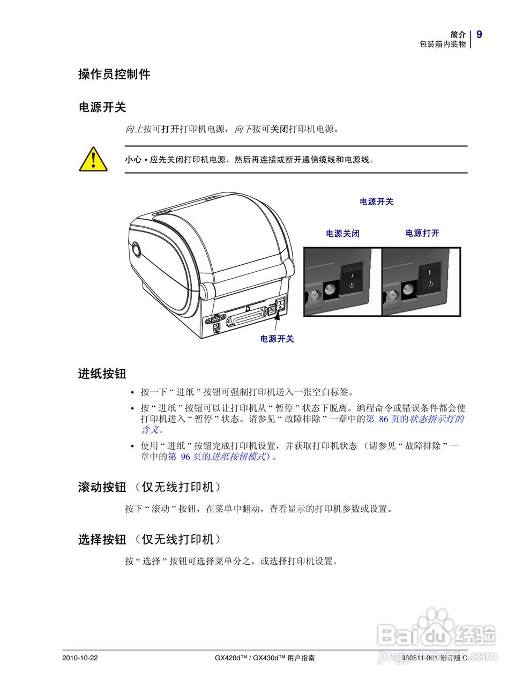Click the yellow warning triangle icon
(x=93, y=159)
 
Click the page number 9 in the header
(x=479, y=35)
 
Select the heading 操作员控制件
(x=114, y=74)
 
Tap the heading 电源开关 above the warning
(x=102, y=107)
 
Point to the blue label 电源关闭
(x=342, y=234)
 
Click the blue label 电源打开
(x=422, y=233)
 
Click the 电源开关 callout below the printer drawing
(x=277, y=339)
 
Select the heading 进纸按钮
(x=102, y=374)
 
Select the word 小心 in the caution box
(x=133, y=160)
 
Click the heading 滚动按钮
(x=102, y=487)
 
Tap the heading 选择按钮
(x=102, y=539)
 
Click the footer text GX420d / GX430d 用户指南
(x=264, y=658)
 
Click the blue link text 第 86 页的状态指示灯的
(x=415, y=419)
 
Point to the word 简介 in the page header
(x=458, y=34)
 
